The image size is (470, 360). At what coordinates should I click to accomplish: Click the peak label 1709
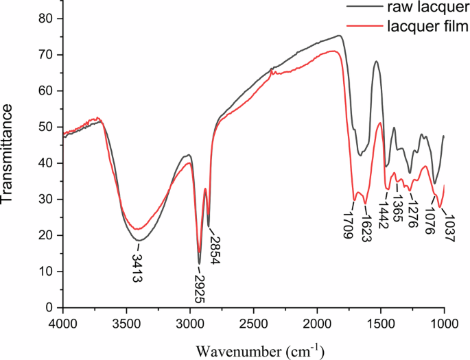coord(349,224)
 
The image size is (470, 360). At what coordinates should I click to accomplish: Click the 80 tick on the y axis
coord(46,19)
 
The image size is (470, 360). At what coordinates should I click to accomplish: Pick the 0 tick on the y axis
coord(49,307)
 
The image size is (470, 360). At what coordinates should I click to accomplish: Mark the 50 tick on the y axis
coord(46,127)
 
